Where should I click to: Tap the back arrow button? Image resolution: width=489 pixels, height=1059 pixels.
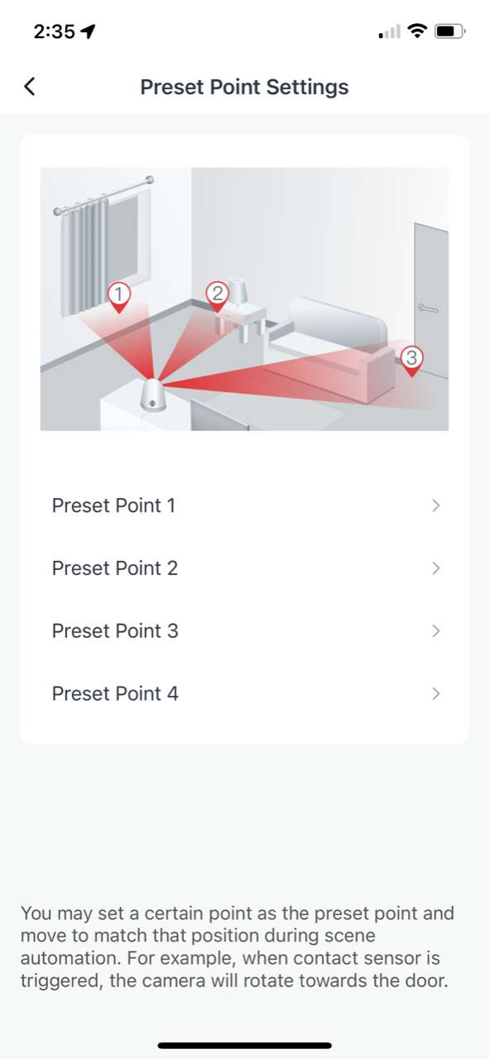[x=30, y=87]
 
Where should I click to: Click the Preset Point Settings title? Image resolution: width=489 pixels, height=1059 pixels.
[x=244, y=87]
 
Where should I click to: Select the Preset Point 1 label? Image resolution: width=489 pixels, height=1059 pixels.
[x=113, y=506]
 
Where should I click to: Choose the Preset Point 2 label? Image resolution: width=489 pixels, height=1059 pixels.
[x=114, y=568]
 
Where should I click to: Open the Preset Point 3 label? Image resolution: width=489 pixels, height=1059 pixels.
[x=114, y=631]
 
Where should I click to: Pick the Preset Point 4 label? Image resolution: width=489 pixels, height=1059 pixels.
[x=114, y=693]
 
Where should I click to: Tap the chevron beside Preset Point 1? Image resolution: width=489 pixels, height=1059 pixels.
[x=436, y=506]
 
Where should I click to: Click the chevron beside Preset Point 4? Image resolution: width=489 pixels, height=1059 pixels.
[x=436, y=693]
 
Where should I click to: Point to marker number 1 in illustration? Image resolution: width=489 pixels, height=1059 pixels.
[x=119, y=295]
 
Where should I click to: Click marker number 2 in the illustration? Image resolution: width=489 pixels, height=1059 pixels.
[x=218, y=294]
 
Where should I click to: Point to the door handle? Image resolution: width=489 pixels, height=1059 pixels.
[x=428, y=308]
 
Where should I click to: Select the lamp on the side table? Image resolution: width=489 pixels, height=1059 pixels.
[x=239, y=292]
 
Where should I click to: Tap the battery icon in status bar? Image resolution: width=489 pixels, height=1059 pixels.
[x=449, y=32]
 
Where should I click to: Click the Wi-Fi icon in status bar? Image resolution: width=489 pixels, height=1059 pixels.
[x=418, y=32]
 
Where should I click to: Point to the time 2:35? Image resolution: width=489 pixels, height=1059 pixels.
[x=54, y=32]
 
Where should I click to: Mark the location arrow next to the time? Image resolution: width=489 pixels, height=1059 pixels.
[x=88, y=32]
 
